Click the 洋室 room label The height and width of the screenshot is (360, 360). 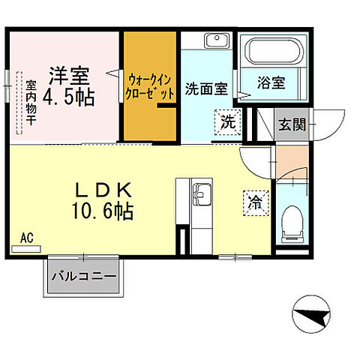coord(69,76)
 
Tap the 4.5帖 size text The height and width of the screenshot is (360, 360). coord(68,97)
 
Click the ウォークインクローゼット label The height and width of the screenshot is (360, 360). coord(151,84)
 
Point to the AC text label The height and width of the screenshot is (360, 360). coord(27,238)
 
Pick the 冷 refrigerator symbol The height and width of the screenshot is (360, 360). coord(255,201)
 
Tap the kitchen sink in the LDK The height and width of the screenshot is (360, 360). coord(202,195)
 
